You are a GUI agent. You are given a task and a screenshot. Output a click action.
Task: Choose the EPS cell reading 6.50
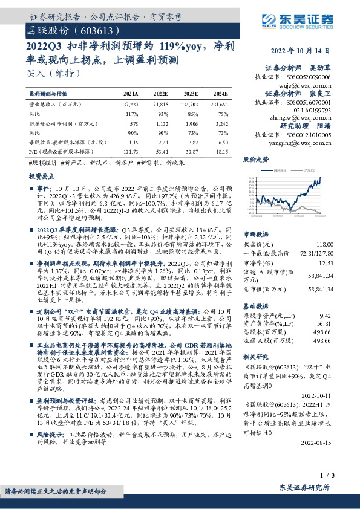click(221, 141)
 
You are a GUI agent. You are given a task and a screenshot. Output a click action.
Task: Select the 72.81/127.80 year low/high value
click(332, 253)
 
